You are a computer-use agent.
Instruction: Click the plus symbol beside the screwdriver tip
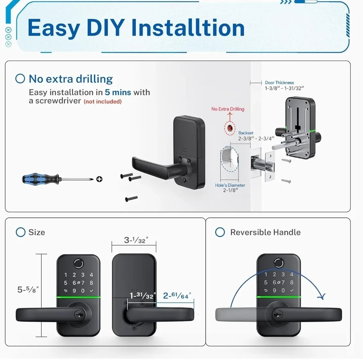pos(99,179)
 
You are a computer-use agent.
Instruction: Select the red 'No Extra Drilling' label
pos(228,109)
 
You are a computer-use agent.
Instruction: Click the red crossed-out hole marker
pos(230,128)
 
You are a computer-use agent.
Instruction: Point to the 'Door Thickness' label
pos(279,83)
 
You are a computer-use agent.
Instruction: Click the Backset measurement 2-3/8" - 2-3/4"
pos(256,138)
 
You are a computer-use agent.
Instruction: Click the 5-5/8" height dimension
pos(28,289)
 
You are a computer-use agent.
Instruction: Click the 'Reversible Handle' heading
pos(265,232)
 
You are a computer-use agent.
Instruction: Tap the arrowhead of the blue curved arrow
pos(322,297)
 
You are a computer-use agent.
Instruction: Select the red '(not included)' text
pos(103,101)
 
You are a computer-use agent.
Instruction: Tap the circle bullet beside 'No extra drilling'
pos(21,79)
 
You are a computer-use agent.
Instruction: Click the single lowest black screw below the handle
pos(131,199)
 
